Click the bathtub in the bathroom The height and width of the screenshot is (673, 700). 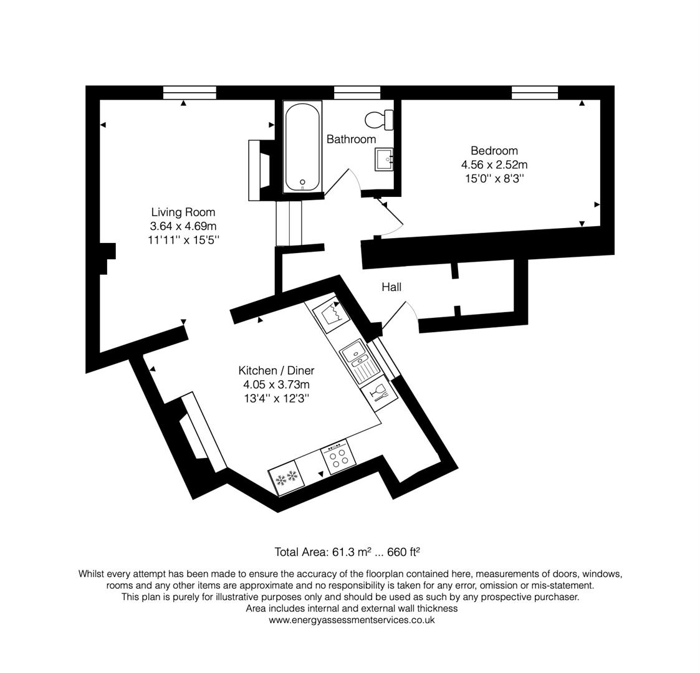coord(303,147)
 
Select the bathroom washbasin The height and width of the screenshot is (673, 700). coord(384,159)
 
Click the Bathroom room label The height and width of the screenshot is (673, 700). coord(351,139)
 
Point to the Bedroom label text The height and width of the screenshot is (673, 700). coord(494,150)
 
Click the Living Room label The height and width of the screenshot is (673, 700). coord(183,212)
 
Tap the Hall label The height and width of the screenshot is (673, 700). coord(391,287)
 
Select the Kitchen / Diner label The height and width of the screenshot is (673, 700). coord(276,370)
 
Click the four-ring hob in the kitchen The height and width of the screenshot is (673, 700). coord(339,458)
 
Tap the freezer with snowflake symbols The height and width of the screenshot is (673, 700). coord(287,479)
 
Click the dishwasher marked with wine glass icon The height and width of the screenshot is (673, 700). coord(379,392)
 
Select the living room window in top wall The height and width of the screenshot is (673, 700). coord(189,93)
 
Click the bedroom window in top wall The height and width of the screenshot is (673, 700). coord(534,93)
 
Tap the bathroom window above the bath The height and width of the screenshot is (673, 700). coord(357,93)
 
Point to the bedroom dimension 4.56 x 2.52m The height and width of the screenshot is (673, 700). coord(494,165)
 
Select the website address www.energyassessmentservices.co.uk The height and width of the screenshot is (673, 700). coord(352,620)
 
